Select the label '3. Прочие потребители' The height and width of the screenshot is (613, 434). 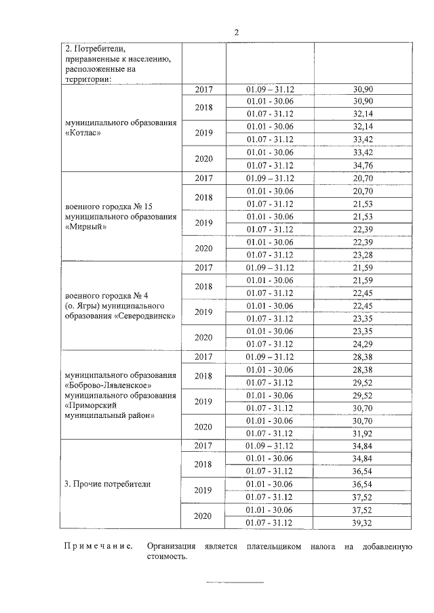click(107, 484)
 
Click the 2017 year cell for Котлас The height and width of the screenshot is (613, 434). click(203, 89)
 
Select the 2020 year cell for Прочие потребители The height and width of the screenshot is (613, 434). click(203, 516)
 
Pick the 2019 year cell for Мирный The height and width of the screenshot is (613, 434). click(203, 222)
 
